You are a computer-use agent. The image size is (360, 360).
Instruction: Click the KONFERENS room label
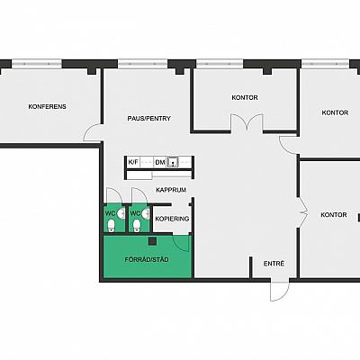point(48,106)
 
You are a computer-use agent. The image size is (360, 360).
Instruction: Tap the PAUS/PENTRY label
point(149,119)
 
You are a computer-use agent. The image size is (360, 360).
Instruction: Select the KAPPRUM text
point(171,190)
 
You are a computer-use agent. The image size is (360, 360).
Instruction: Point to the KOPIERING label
point(172,219)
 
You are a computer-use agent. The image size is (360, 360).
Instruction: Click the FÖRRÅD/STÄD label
point(147,259)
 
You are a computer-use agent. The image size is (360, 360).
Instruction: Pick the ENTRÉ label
point(274,264)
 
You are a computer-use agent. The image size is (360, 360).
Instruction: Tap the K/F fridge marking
point(133,162)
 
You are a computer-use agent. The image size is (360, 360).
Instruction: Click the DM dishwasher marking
point(160,163)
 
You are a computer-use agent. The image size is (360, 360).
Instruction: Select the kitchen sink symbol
point(174,162)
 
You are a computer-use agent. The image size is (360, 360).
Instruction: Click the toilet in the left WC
point(112,226)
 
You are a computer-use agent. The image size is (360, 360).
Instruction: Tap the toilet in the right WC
point(137,226)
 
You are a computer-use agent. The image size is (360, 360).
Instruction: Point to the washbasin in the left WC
point(121,213)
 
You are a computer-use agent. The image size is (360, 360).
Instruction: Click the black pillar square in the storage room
point(153,241)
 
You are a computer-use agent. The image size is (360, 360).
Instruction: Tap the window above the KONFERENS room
point(37,64)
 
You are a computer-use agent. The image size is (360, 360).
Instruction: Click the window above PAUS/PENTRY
point(143,64)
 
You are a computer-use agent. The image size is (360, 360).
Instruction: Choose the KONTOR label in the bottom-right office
point(334,215)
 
